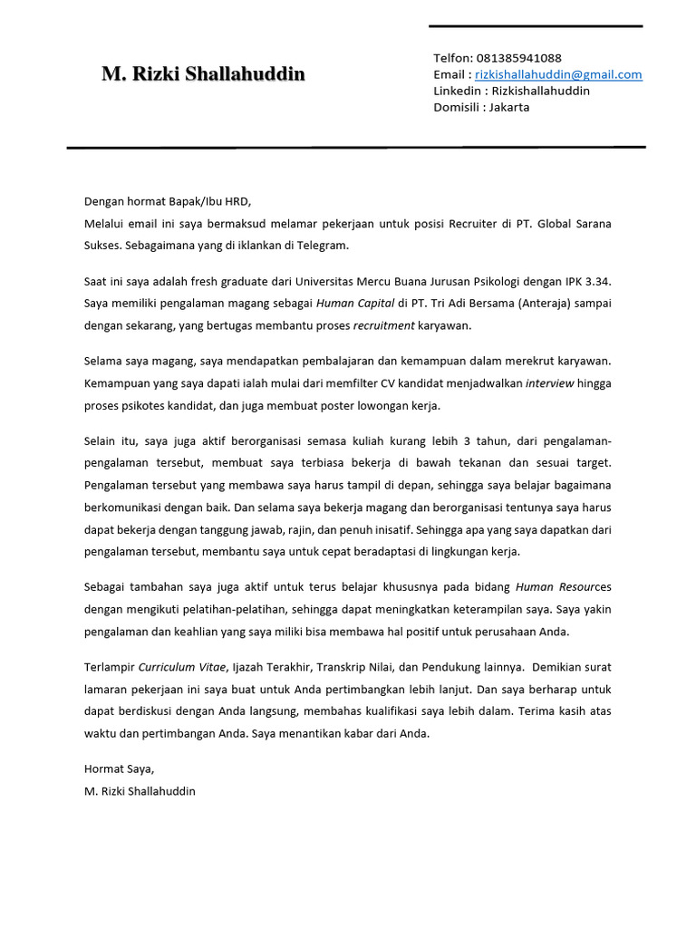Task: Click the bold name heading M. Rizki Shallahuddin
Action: coord(203,74)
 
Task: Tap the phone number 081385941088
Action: coord(517,58)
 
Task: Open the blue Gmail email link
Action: coord(558,74)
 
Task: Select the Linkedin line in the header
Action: coord(511,91)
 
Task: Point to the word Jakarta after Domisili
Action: coord(509,107)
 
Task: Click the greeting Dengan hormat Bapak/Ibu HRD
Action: coord(167,201)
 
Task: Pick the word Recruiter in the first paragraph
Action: coord(464,223)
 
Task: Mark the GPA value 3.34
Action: coord(596,282)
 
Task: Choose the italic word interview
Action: coord(551,383)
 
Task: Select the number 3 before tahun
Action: coord(466,441)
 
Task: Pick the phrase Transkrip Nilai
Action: coord(353,668)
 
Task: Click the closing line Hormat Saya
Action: coord(119,769)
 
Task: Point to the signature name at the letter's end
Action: coord(140,791)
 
